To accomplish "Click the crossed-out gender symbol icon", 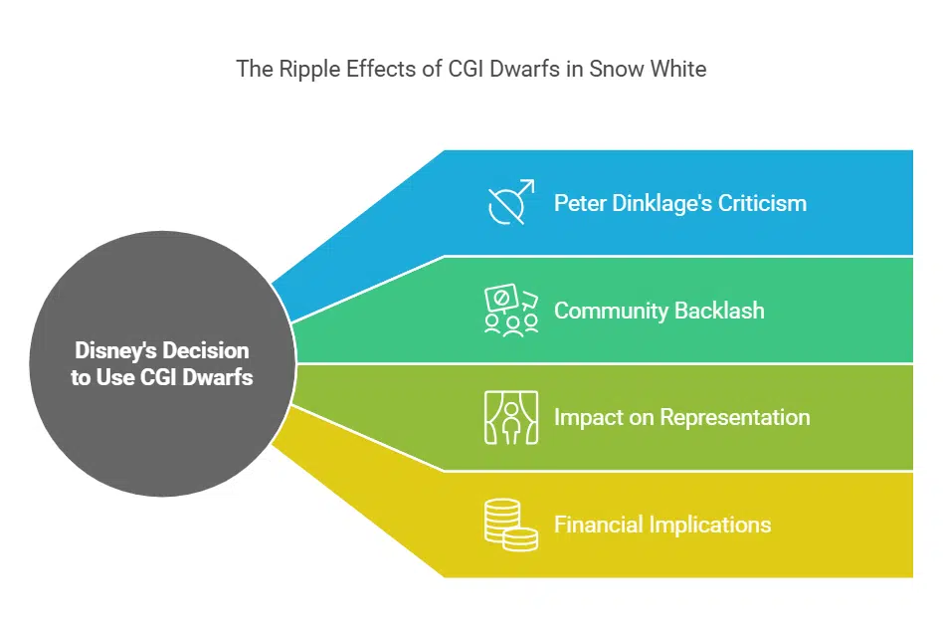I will click(511, 203).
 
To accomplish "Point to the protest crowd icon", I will click(511, 311).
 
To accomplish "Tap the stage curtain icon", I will click(511, 417).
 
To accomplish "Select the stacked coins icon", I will click(511, 525).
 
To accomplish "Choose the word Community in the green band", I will click(609, 311).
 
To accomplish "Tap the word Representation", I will click(733, 417).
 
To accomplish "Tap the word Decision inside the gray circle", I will click(207, 351).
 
